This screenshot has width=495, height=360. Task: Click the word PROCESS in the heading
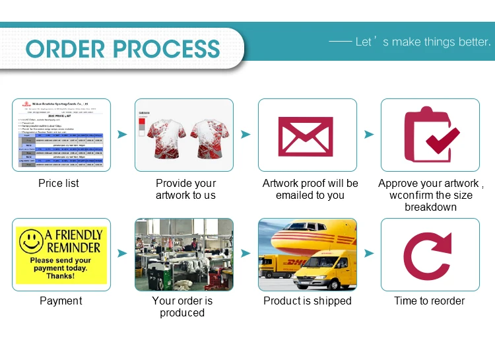pyautogui.click(x=170, y=49)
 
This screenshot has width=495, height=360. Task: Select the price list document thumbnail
pyautogui.click(x=61, y=135)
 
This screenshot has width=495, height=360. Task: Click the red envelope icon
pyautogui.click(x=307, y=136)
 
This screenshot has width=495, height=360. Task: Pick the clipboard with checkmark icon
pyautogui.click(x=430, y=135)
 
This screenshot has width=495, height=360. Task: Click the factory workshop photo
pyautogui.click(x=184, y=255)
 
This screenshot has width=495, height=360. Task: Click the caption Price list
pyautogui.click(x=59, y=183)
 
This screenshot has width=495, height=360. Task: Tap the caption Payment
pyautogui.click(x=61, y=301)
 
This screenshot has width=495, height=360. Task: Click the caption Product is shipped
pyautogui.click(x=307, y=301)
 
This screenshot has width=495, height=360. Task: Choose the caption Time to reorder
pyautogui.click(x=430, y=301)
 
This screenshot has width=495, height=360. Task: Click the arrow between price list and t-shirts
pyautogui.click(x=122, y=135)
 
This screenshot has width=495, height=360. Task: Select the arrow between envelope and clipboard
pyautogui.click(x=369, y=135)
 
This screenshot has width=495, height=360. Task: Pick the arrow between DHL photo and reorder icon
pyautogui.click(x=369, y=253)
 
